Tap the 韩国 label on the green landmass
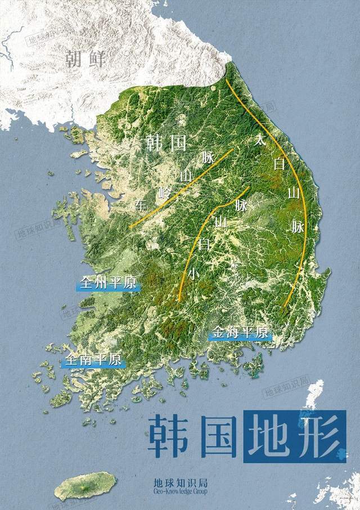pyautogui.click(x=166, y=143)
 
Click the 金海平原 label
pyautogui.click(x=240, y=333)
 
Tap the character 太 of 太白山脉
pyautogui.click(x=259, y=140)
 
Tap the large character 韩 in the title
pyautogui.click(x=169, y=437)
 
